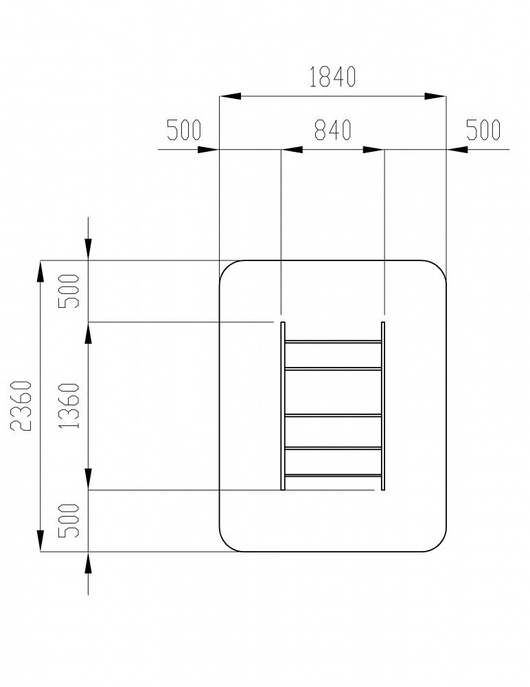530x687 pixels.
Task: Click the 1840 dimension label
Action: [x=332, y=77]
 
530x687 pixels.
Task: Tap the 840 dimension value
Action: [x=333, y=130]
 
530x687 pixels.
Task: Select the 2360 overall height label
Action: [x=21, y=406]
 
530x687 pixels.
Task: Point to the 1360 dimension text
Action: [x=69, y=406]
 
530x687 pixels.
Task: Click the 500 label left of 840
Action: [x=184, y=130]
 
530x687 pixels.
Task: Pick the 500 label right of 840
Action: [x=483, y=130]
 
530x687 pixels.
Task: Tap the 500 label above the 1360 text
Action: [x=69, y=291]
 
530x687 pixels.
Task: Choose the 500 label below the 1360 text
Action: [x=69, y=521]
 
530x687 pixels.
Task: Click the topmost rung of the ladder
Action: [x=333, y=341]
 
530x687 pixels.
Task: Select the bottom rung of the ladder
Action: [x=333, y=476]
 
